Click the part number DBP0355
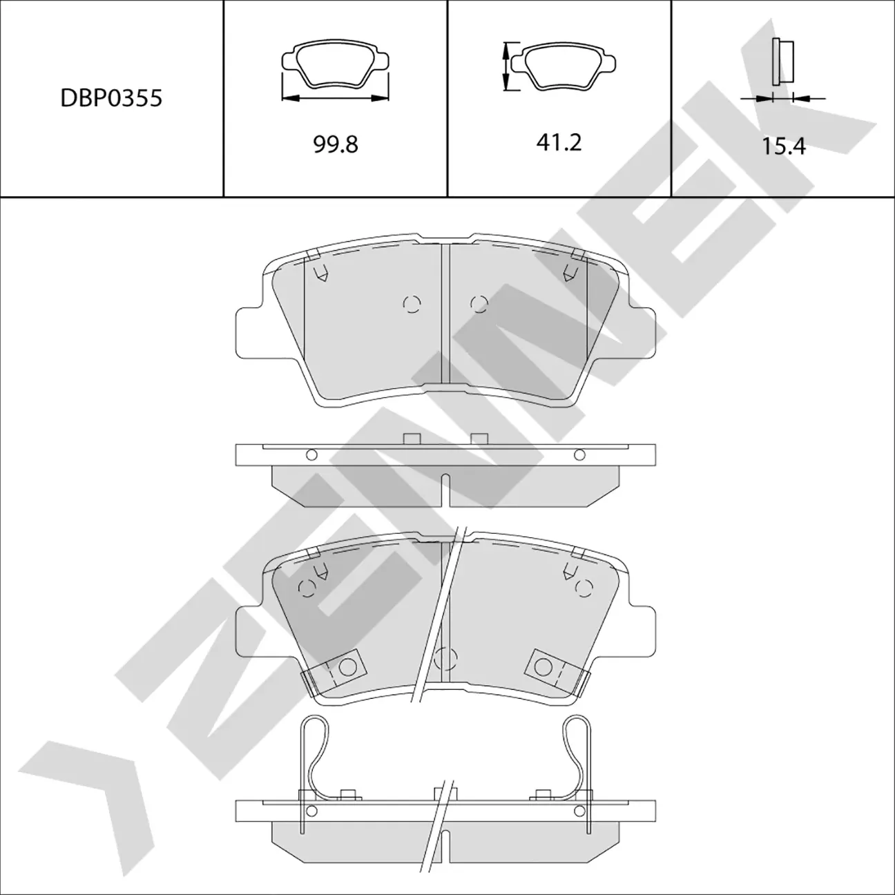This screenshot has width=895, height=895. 111,98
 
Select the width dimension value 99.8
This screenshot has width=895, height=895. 336,144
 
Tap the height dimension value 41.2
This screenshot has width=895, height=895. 559,143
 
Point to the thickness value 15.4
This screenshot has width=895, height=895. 784,146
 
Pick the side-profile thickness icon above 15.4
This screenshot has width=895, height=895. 782,63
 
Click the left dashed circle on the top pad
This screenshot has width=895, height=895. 412,303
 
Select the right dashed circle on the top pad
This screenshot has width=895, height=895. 479,303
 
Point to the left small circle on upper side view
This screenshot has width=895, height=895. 311,454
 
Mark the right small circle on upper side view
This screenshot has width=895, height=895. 579,454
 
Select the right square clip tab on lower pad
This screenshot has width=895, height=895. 546,667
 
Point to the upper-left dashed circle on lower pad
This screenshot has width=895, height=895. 306,588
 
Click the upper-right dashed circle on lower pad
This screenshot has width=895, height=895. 585,588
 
